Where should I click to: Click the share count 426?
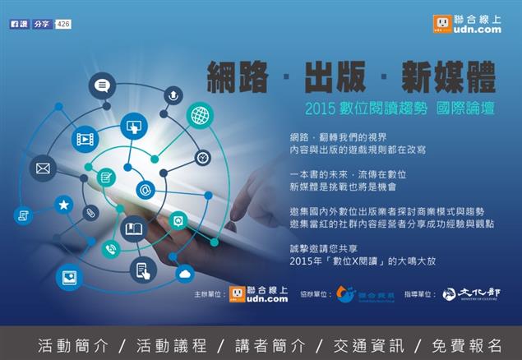(63, 25)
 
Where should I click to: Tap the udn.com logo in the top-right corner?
(468, 24)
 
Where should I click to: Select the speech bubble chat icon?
(102, 85)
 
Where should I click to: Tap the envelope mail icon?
(43, 169)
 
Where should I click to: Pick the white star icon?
(63, 205)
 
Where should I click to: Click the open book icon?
(132, 228)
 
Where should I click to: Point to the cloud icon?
(184, 274)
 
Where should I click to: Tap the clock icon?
(202, 156)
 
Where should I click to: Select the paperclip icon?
(91, 214)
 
